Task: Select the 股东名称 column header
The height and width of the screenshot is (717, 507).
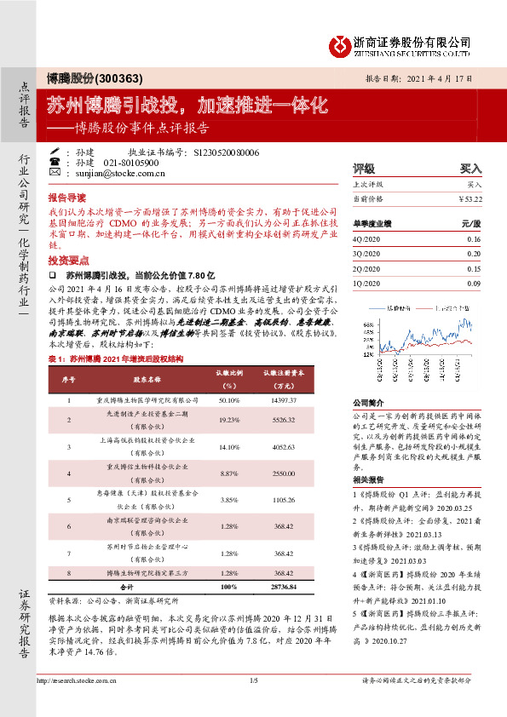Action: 136,375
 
